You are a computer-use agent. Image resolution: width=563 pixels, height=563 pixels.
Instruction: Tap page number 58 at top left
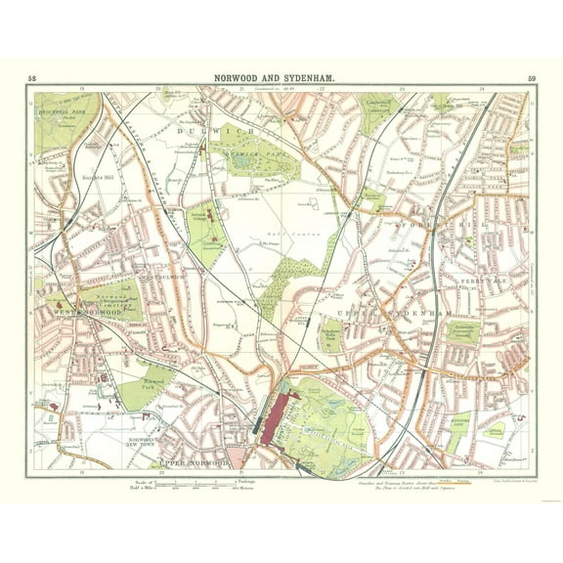tap(33, 78)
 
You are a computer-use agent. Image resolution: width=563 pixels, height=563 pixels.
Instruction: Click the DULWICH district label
tap(236, 129)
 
